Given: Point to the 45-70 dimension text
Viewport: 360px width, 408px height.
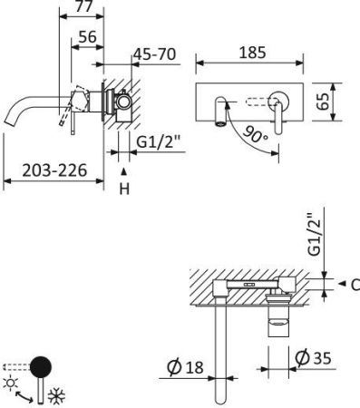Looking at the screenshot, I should coord(154,54).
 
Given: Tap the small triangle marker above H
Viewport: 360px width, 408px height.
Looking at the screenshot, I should coord(124,170).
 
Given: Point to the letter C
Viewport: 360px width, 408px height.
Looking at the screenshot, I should coord(355,285).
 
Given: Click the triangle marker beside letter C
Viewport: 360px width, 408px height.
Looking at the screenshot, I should coord(341,285).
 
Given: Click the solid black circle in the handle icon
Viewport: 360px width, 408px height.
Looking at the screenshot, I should coord(41,367).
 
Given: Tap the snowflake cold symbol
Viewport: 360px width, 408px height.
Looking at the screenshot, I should coord(55,397).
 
